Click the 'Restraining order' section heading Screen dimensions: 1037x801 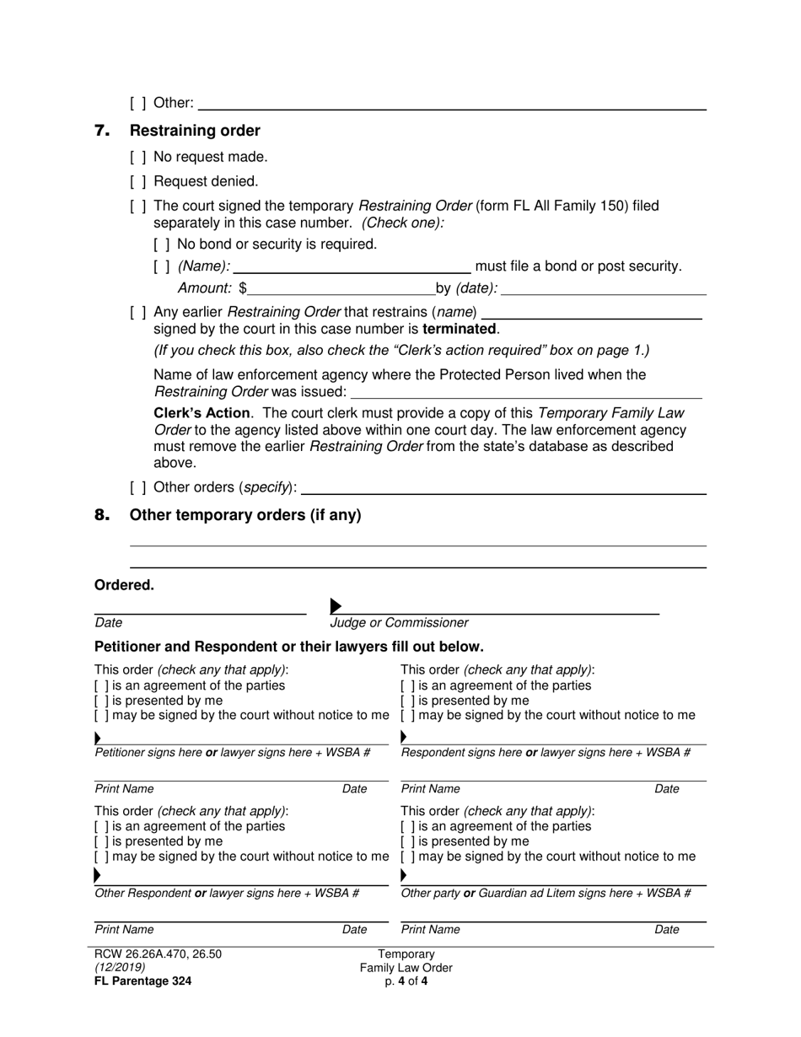195,131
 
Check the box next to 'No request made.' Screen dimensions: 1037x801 138,157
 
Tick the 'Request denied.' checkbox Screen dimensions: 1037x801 138,181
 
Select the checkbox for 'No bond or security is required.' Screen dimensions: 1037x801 162,244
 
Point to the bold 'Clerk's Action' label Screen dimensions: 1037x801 202,413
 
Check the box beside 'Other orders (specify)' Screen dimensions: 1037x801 138,488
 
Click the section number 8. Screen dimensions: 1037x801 102,515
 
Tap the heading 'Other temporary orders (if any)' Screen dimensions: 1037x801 245,515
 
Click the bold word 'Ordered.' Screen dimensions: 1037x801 124,585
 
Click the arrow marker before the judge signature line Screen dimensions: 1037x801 336,606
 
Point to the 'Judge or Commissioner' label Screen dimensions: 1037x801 399,623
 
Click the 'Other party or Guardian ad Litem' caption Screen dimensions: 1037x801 546,893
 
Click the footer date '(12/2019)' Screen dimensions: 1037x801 120,968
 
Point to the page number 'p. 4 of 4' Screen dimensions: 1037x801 406,981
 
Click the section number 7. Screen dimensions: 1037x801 102,131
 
